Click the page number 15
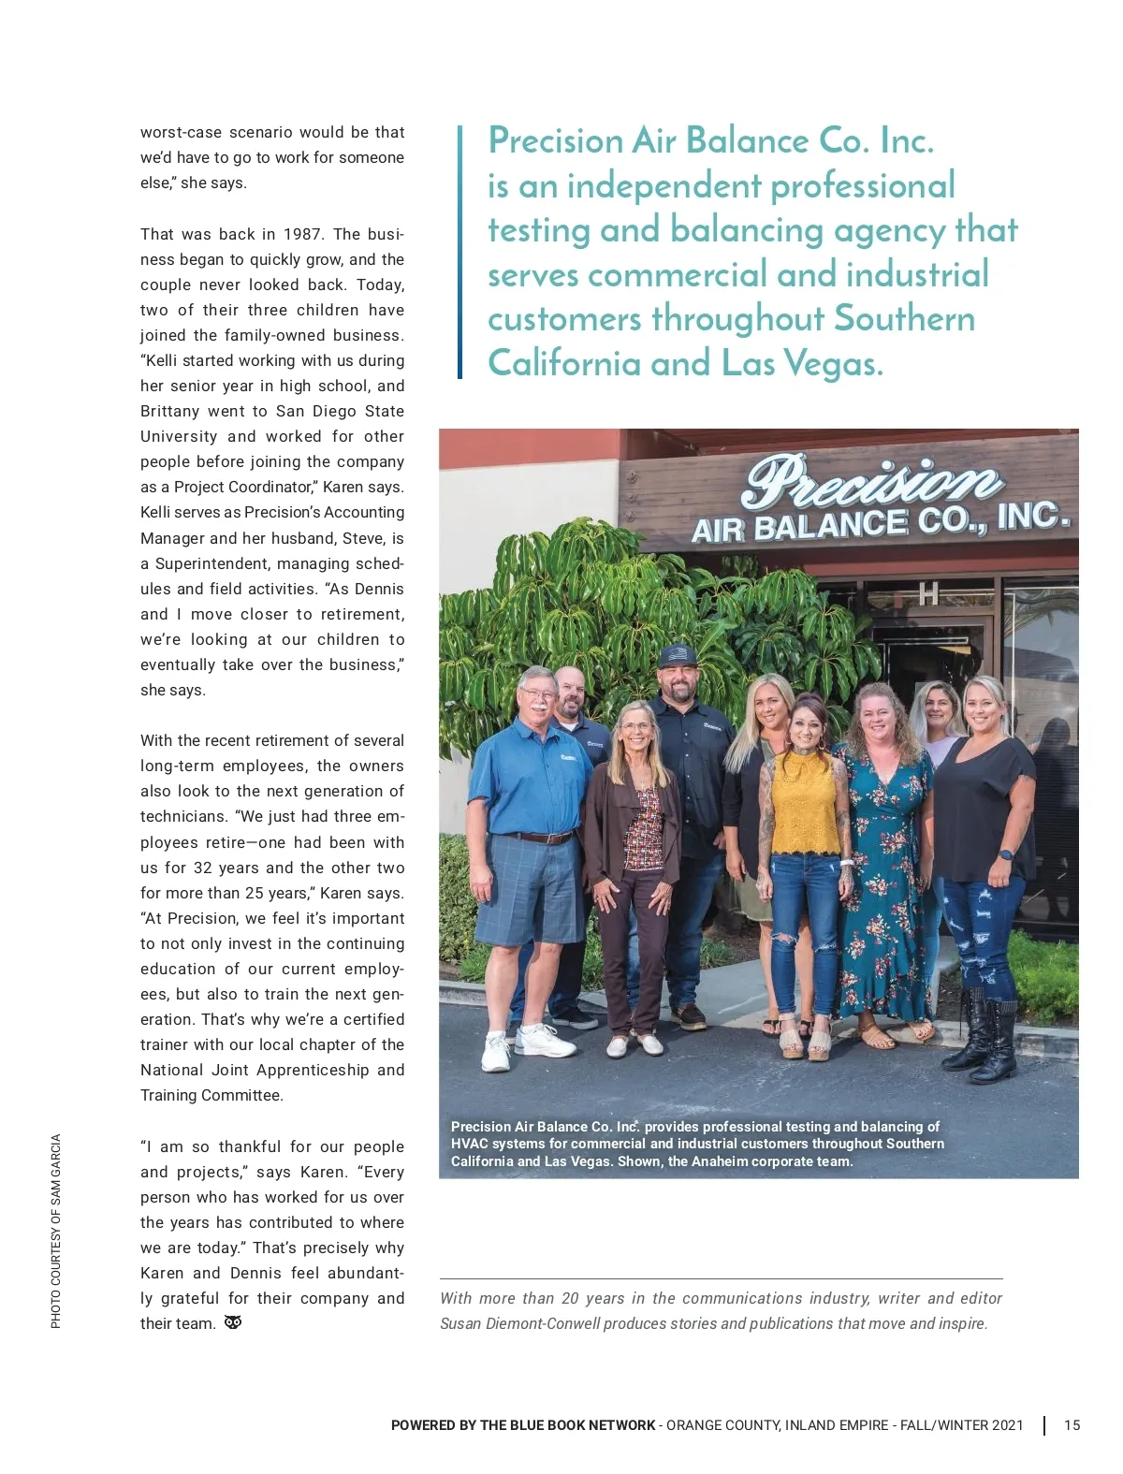1072,1425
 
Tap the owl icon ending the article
233,1322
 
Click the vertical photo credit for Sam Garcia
56,1231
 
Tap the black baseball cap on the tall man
678,654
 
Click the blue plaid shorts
524,889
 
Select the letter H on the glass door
927,593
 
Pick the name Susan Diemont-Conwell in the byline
520,1323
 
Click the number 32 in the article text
203,868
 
